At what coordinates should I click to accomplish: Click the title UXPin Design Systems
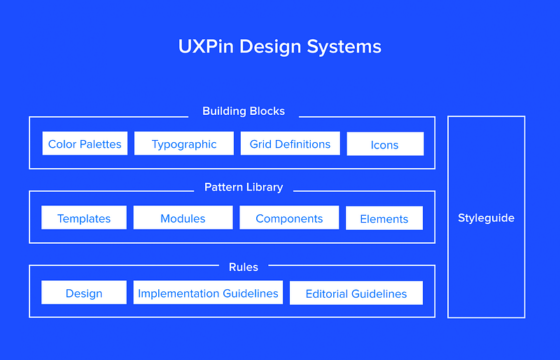pyautogui.click(x=280, y=47)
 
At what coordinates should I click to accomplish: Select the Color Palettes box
pyautogui.click(x=85, y=144)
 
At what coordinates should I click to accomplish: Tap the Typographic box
pyautogui.click(x=184, y=144)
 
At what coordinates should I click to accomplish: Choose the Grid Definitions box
pyautogui.click(x=290, y=144)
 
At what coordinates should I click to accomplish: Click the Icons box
pyautogui.click(x=384, y=145)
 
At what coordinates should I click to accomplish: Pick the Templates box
pyautogui.click(x=84, y=219)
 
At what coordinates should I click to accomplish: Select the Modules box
pyautogui.click(x=183, y=219)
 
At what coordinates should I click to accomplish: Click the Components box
pyautogui.click(x=289, y=219)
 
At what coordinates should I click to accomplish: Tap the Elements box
pyautogui.click(x=384, y=219)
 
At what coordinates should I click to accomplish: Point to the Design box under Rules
pyautogui.click(x=84, y=293)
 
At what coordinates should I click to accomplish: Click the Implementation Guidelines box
pyautogui.click(x=208, y=293)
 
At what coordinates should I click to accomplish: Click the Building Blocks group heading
pyautogui.click(x=244, y=111)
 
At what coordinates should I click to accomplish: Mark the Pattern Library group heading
pyautogui.click(x=244, y=187)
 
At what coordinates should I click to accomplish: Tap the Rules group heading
pyautogui.click(x=244, y=267)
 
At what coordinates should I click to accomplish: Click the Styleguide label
pyautogui.click(x=486, y=218)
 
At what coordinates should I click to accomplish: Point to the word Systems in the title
pyautogui.click(x=348, y=47)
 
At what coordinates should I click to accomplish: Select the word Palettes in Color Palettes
pyautogui.click(x=100, y=144)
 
